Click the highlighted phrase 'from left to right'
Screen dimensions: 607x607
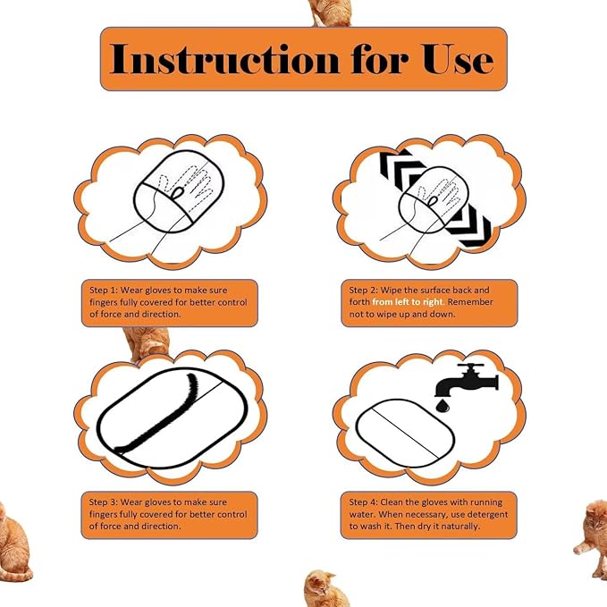[x=406, y=303]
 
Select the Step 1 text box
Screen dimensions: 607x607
[x=169, y=303]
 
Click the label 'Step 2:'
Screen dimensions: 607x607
[x=365, y=291]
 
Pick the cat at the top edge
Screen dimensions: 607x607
[x=330, y=12]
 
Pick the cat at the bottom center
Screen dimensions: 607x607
[x=326, y=588]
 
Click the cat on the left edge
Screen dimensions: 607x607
[x=13, y=536]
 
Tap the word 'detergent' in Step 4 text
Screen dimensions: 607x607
[x=485, y=515]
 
